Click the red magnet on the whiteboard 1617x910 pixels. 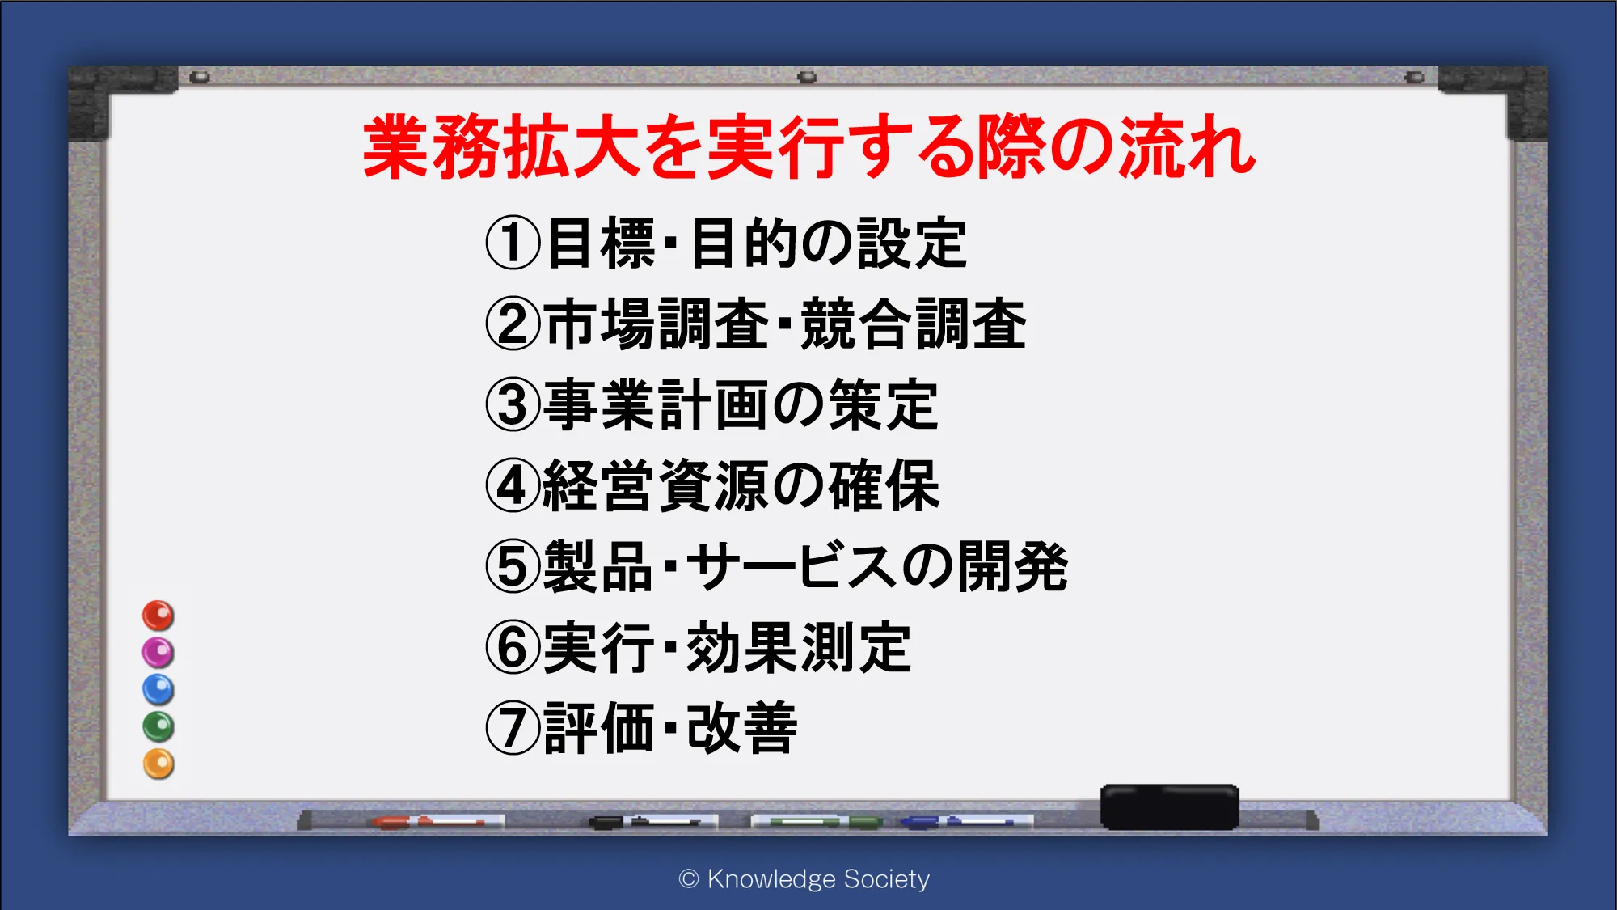tap(158, 616)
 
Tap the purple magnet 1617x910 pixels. tap(158, 653)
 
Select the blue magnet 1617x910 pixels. tap(158, 690)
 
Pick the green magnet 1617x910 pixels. tap(158, 726)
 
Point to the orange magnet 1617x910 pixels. tap(158, 764)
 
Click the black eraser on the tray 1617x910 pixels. tap(1170, 806)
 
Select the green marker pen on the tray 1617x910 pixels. tap(817, 822)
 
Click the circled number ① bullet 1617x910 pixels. tap(513, 243)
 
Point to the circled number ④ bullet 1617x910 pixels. tap(513, 485)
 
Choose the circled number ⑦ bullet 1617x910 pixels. tap(513, 728)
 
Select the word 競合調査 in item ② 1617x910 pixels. tap(914, 324)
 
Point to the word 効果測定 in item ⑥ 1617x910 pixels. tap(799, 647)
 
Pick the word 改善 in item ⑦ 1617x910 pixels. tap(741, 728)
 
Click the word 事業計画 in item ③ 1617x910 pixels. tap(657, 404)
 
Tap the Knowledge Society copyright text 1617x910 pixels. tap(804, 879)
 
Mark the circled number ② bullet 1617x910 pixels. tap(513, 324)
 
